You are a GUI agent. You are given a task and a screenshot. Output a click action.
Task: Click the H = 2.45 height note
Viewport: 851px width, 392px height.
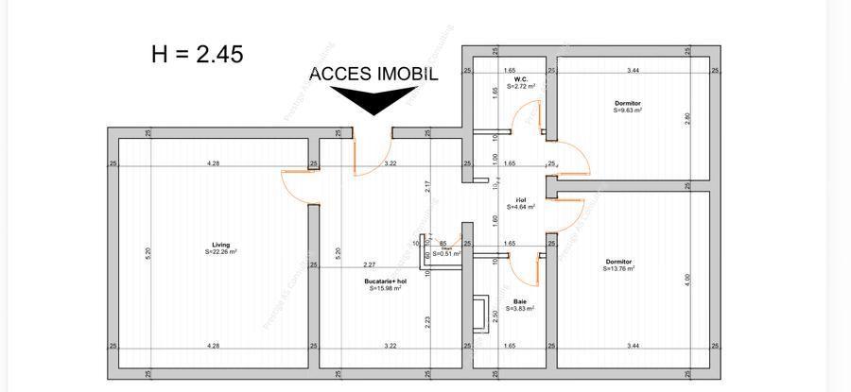coord(197,54)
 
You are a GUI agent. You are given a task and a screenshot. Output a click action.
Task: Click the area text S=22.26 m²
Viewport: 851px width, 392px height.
coord(220,252)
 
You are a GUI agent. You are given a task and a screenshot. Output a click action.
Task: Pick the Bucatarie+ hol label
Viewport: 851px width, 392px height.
coord(385,281)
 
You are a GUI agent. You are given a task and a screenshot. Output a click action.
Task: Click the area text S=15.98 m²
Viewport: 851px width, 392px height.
coord(385,288)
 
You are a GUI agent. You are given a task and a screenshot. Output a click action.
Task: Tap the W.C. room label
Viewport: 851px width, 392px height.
coord(520,78)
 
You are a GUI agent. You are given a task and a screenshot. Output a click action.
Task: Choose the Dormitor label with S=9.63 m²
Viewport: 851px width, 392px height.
coord(627,103)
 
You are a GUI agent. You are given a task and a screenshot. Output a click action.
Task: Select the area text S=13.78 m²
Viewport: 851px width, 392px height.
coord(618,269)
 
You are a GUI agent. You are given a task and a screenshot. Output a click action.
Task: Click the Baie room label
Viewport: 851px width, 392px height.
coord(520,301)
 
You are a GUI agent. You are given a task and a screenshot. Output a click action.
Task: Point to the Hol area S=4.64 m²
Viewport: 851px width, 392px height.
coord(520,206)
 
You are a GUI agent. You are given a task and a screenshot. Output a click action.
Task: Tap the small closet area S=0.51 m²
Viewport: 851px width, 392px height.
coord(444,253)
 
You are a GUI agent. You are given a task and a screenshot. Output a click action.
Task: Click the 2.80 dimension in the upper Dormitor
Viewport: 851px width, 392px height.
coord(687,119)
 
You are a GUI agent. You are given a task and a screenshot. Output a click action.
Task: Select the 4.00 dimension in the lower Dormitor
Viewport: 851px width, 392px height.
coord(687,280)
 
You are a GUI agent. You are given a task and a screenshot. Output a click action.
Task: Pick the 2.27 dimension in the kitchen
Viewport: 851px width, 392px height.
coord(368,264)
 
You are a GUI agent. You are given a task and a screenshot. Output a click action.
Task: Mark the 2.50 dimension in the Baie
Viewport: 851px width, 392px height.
coord(495,315)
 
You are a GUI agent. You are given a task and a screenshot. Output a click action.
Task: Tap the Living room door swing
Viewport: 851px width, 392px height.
coord(298,186)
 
